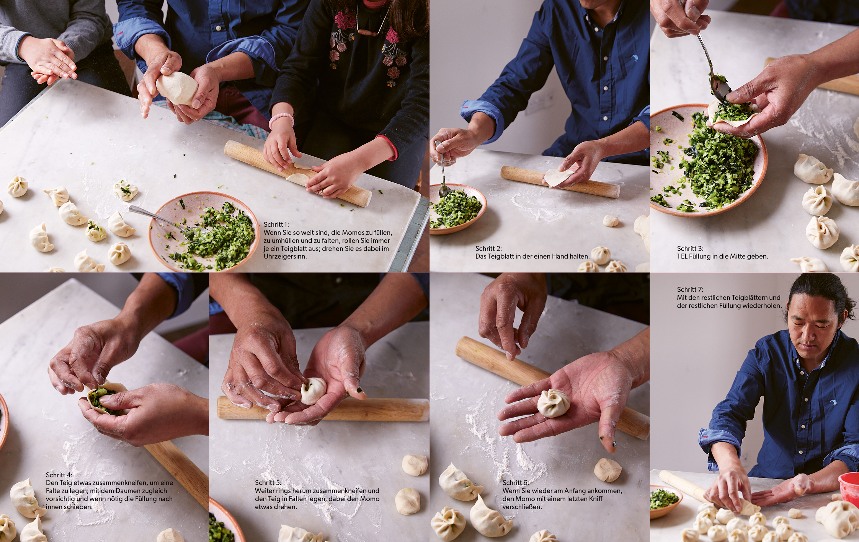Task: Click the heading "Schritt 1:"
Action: tap(276, 225)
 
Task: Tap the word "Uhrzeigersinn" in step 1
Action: tap(285, 257)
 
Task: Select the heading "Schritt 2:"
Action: tap(488, 249)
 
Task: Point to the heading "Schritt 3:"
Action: tap(690, 249)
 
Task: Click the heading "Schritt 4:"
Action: tap(59, 475)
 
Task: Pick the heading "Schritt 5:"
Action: tap(268, 483)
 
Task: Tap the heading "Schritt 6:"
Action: tap(516, 483)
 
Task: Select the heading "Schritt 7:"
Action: tap(690, 290)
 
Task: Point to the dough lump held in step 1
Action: tap(177, 88)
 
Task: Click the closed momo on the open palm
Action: tap(554, 403)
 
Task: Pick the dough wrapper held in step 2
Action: tap(558, 177)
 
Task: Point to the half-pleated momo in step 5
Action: tap(313, 391)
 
